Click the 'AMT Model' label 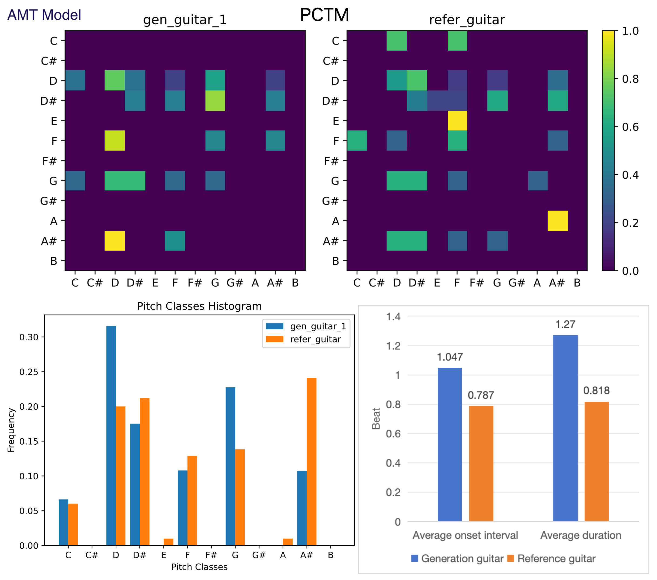(44, 15)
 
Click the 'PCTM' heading (324, 15)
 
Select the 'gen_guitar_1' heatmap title (185, 20)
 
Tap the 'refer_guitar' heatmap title (467, 20)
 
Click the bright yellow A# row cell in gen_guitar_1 (115, 241)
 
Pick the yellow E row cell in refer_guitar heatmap (457, 120)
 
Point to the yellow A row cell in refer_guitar (557, 221)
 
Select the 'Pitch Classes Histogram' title (199, 306)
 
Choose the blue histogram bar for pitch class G (230, 466)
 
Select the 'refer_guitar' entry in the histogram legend (315, 340)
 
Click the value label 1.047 (450, 357)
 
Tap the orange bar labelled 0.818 (596, 461)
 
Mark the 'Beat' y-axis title (376, 419)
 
